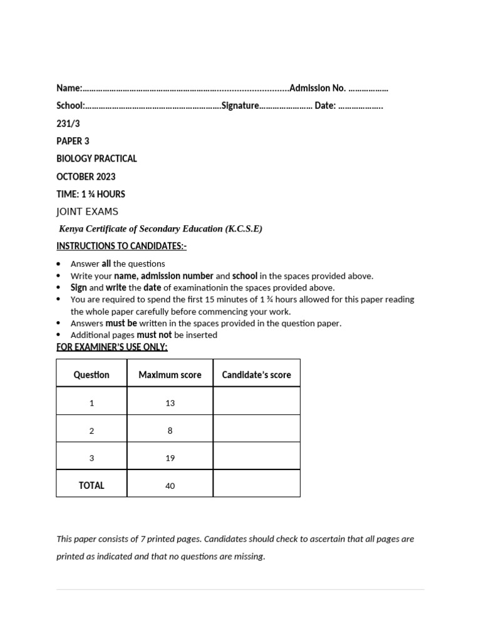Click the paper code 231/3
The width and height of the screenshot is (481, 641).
pyautogui.click(x=68, y=123)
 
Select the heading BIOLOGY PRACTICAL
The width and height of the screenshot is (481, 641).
pyautogui.click(x=96, y=158)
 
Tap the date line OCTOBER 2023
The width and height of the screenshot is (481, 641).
pyautogui.click(x=86, y=177)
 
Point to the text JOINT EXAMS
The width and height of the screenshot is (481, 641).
pyautogui.click(x=87, y=212)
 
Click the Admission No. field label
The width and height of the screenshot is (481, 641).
pyautogui.click(x=318, y=88)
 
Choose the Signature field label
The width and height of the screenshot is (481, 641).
pyautogui.click(x=240, y=106)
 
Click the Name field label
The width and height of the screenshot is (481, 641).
pyautogui.click(x=69, y=88)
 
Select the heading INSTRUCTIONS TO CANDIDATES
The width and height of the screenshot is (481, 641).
pyautogui.click(x=122, y=246)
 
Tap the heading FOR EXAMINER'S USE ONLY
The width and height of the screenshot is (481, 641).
pyautogui.click(x=112, y=347)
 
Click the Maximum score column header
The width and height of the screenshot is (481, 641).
pyautogui.click(x=170, y=375)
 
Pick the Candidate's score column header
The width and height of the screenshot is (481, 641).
pyautogui.click(x=256, y=375)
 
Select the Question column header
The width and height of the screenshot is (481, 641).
pyautogui.click(x=91, y=375)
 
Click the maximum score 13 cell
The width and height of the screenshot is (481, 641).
pyautogui.click(x=170, y=403)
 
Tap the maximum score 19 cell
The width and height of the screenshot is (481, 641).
pyautogui.click(x=170, y=458)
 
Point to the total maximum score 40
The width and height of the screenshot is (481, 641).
pyautogui.click(x=170, y=486)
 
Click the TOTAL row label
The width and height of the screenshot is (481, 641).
pyautogui.click(x=91, y=485)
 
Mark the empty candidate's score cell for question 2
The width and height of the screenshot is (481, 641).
pyautogui.click(x=256, y=430)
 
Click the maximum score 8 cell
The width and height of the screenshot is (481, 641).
pyautogui.click(x=170, y=431)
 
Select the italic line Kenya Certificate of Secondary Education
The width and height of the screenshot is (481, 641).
pyautogui.click(x=160, y=228)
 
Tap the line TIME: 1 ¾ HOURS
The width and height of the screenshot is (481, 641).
pyautogui.click(x=91, y=194)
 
